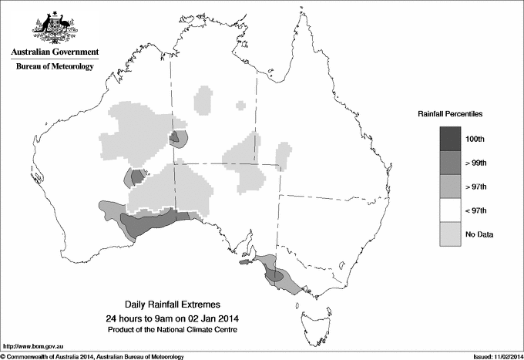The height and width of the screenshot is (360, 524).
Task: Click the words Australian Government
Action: pos(54,52)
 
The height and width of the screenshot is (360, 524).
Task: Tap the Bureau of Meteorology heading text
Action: pos(55,67)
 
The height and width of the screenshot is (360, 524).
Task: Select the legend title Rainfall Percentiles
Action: pos(450,113)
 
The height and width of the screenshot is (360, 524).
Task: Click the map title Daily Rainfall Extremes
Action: pos(172,305)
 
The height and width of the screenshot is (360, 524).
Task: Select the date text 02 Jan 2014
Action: pos(214,318)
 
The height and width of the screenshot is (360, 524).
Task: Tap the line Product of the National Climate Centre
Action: pos(172,330)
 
